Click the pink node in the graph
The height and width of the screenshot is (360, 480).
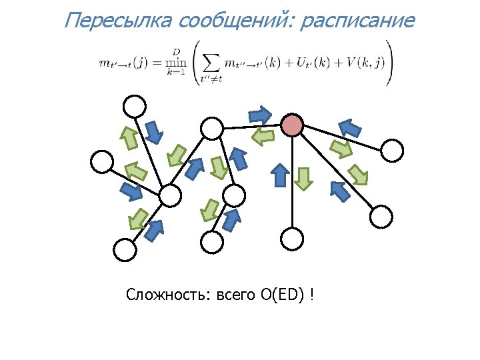(x=293, y=125)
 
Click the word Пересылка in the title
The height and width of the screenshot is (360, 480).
(x=118, y=20)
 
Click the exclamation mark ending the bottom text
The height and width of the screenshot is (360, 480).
(x=313, y=294)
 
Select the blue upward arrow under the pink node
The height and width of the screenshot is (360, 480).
(x=281, y=175)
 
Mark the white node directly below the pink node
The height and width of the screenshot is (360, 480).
(x=292, y=238)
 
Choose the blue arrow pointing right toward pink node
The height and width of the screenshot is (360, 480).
(x=262, y=114)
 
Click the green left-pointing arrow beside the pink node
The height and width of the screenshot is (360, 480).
(x=263, y=137)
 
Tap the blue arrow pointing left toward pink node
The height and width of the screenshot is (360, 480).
(x=351, y=126)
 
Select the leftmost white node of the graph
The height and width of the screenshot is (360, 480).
(x=102, y=161)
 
